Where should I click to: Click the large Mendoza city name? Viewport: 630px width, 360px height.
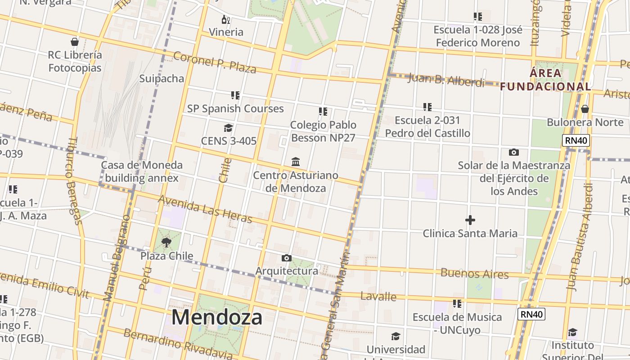(217, 317)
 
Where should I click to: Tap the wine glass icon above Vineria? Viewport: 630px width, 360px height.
(226, 19)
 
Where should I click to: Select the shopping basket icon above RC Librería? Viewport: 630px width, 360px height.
(75, 42)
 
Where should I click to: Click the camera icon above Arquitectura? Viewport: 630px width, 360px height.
(287, 258)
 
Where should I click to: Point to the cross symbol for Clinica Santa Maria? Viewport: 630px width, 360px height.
(470, 220)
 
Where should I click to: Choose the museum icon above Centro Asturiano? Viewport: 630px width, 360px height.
(296, 162)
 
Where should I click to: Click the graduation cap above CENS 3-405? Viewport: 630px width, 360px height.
(229, 128)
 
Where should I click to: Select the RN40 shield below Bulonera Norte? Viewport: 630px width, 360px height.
(576, 140)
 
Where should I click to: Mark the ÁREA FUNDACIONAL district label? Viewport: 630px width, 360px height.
(545, 80)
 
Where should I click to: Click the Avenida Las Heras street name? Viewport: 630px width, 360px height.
(205, 209)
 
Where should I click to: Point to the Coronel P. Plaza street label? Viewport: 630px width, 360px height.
(215, 63)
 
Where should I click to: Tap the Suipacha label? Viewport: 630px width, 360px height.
(162, 79)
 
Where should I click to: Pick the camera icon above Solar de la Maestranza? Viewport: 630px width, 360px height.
(513, 152)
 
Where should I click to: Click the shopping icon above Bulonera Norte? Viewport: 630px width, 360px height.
(585, 109)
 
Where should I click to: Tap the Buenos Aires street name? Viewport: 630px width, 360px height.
(475, 273)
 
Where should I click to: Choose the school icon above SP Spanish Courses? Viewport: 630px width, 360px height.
(235, 95)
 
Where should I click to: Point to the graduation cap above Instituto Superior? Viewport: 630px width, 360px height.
(572, 333)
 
